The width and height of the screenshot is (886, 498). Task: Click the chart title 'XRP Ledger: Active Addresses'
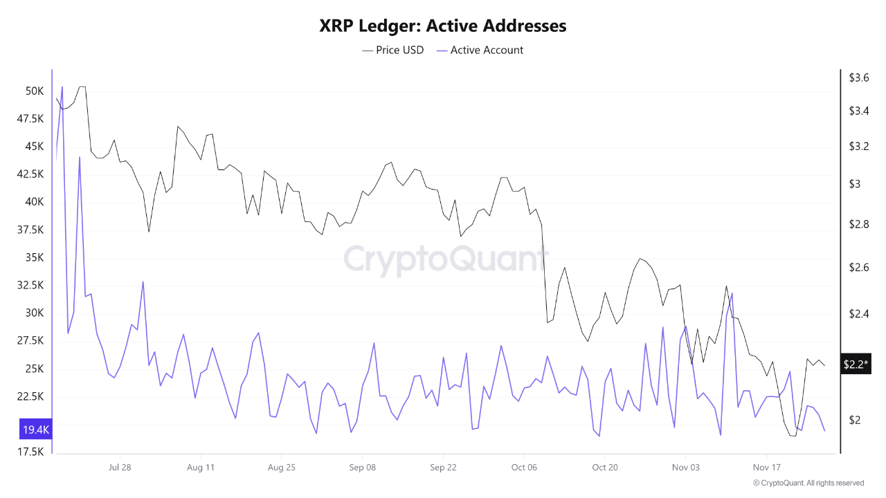(443, 26)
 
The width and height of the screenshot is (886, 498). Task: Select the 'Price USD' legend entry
(392, 50)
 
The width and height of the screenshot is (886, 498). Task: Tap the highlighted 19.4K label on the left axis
(36, 430)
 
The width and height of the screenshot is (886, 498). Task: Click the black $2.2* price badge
(856, 364)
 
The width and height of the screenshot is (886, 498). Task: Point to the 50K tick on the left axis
(35, 91)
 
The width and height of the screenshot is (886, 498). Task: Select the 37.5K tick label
(32, 230)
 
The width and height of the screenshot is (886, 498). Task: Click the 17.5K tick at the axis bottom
(32, 452)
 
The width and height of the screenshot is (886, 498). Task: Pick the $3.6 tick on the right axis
(859, 78)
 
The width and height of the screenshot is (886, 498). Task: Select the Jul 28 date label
(120, 467)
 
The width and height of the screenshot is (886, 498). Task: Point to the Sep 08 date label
(362, 467)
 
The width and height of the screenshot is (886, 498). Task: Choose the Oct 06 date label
(524, 467)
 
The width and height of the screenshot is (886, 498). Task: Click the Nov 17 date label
(766, 467)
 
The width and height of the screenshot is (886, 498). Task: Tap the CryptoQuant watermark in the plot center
(446, 260)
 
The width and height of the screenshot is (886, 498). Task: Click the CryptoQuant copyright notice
(808, 483)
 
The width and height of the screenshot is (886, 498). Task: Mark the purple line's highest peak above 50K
(62, 87)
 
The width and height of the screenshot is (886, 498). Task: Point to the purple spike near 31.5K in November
(732, 293)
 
